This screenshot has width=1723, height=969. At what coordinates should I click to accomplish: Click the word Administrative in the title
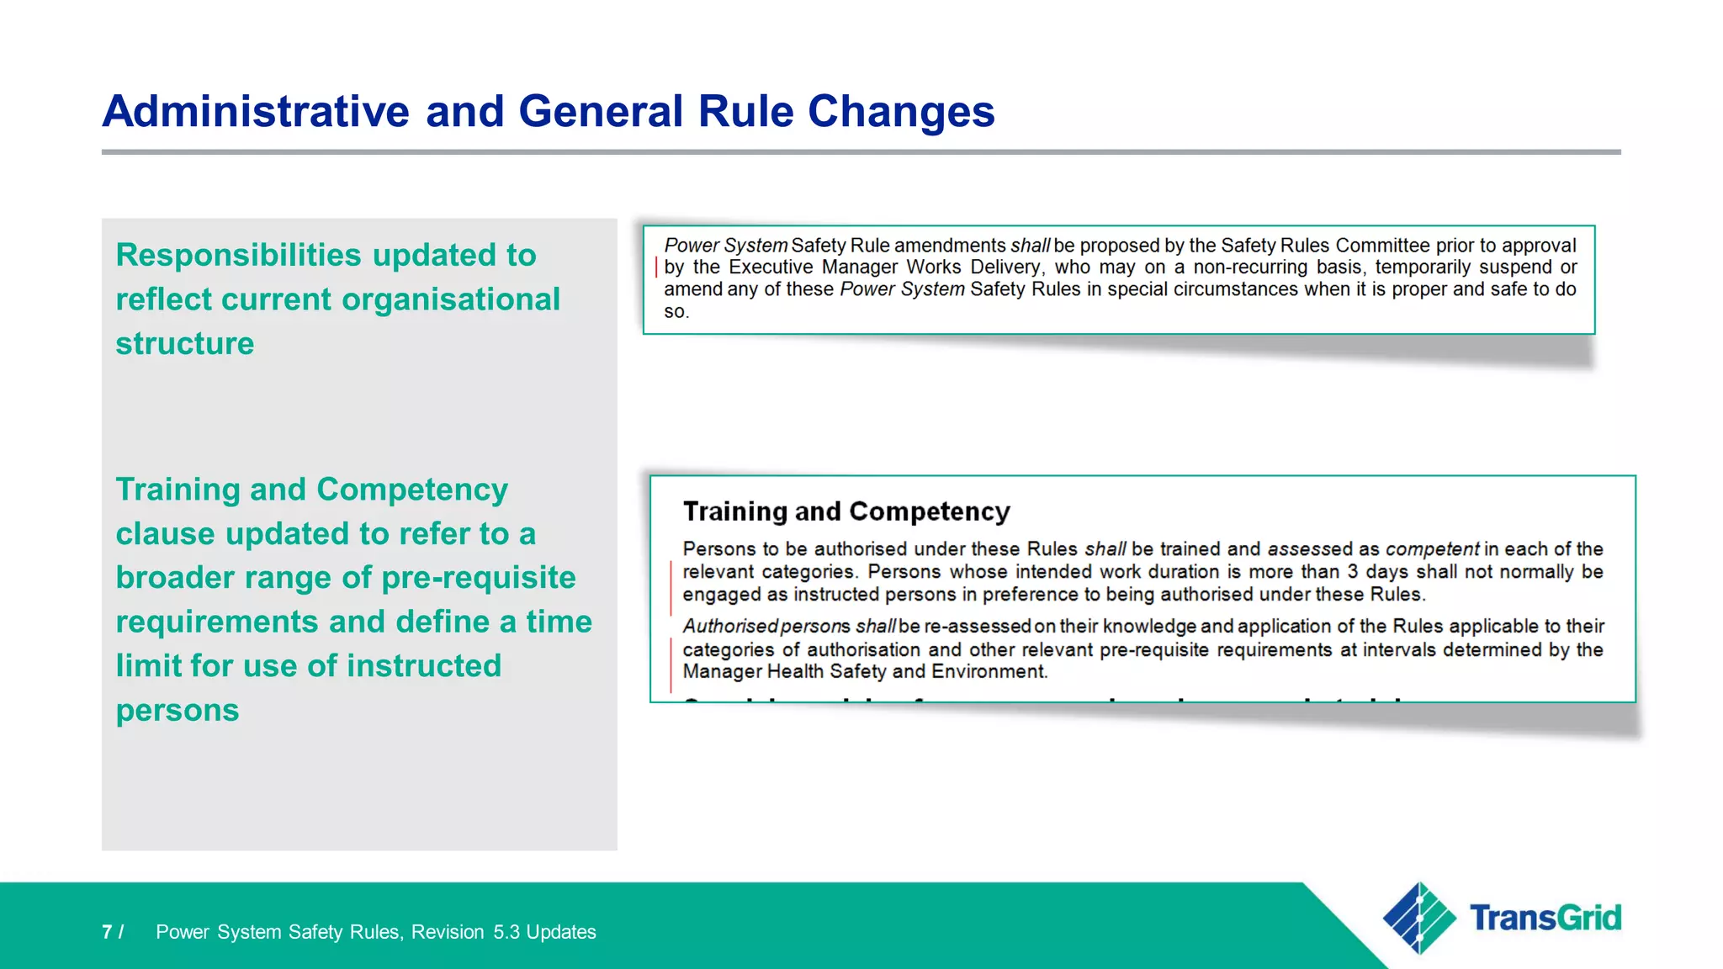[x=256, y=111]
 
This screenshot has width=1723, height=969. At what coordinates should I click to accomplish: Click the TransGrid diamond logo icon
[x=1419, y=918]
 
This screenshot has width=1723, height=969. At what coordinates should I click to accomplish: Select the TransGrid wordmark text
[x=1545, y=918]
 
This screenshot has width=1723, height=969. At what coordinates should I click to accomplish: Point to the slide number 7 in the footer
[x=107, y=932]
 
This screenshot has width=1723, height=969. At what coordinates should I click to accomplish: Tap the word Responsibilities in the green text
[x=238, y=255]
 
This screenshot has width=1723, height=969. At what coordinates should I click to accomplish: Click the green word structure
[x=185, y=343]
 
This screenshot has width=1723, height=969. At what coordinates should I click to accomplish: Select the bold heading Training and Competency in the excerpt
[x=846, y=511]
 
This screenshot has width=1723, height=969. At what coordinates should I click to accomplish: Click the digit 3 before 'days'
[x=1352, y=572]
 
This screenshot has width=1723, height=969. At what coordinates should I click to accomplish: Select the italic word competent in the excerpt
[x=1432, y=549]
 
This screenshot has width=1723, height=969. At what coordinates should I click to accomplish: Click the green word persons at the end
[x=178, y=710]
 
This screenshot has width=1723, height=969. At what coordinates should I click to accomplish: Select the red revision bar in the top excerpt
[x=656, y=268]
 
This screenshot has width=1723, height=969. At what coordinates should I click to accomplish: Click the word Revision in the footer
[x=448, y=932]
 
